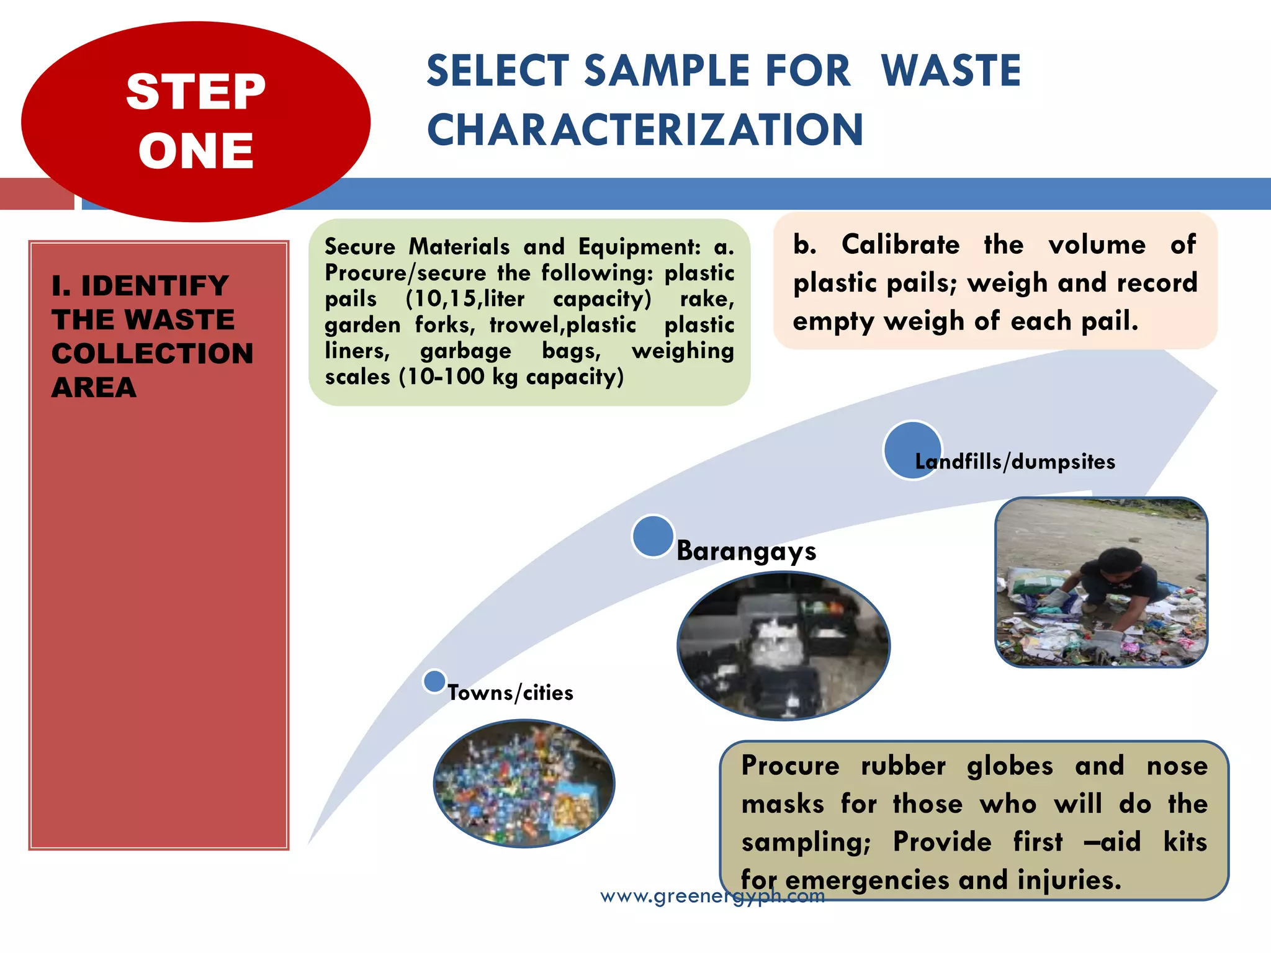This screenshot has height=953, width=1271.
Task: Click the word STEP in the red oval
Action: [x=195, y=92]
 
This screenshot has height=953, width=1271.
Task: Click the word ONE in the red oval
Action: [x=195, y=151]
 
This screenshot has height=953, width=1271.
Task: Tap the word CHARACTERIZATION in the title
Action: [x=645, y=130]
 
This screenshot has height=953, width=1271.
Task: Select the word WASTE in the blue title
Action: [x=951, y=71]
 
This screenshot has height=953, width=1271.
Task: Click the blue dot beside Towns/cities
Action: [x=434, y=681]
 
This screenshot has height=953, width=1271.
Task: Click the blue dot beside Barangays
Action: [x=653, y=536]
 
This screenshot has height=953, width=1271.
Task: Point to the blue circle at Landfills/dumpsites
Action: [x=912, y=450]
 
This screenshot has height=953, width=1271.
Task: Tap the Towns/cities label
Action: [x=510, y=692]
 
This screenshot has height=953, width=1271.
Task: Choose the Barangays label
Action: [x=746, y=551]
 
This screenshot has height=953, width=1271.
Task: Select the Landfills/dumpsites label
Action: [x=1015, y=462]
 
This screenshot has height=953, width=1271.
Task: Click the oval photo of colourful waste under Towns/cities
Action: [x=524, y=783]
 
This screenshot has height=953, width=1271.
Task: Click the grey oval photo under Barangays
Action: [x=783, y=645]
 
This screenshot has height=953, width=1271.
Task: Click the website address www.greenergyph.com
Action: [x=712, y=896]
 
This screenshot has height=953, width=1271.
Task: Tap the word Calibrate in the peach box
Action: [x=900, y=244]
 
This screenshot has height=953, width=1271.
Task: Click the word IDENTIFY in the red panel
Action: [x=155, y=286]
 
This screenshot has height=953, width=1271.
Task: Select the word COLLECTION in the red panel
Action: [x=153, y=354]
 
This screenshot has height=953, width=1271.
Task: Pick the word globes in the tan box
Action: [x=1010, y=766]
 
